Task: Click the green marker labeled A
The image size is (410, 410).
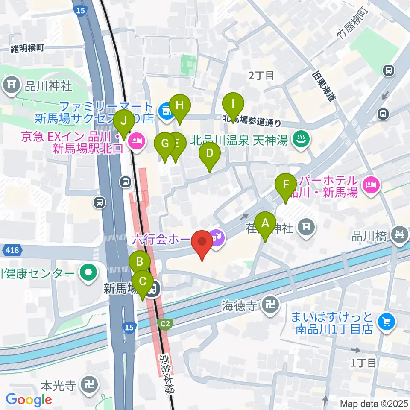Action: click(265, 223)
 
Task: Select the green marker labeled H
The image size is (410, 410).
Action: click(180, 105)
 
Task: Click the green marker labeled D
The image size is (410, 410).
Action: click(209, 153)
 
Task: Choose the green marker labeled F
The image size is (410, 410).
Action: click(286, 184)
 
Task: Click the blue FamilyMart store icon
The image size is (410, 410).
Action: click(164, 112)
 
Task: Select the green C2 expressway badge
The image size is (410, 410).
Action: click(165, 324)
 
